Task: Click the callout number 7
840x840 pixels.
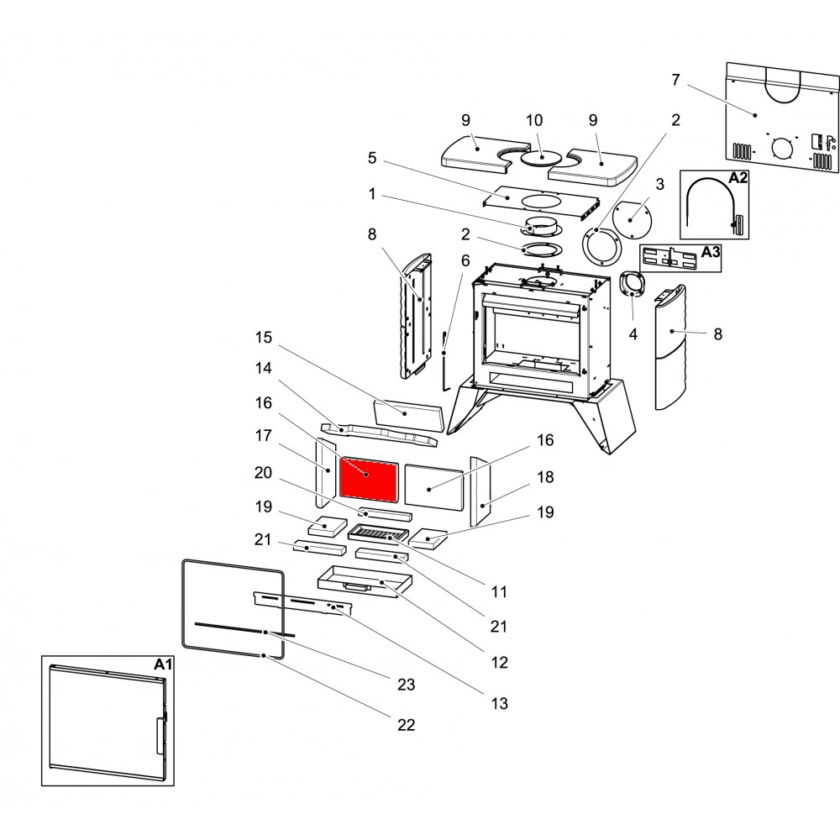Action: tap(675, 80)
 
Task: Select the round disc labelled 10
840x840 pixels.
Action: tap(541, 157)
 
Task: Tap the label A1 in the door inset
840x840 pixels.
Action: tap(163, 664)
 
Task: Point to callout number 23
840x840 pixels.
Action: tap(406, 685)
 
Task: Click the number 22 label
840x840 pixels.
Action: tap(406, 725)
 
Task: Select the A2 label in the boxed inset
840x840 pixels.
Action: tap(738, 178)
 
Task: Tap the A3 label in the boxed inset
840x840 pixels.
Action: tap(710, 250)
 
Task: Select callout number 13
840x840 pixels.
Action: tap(499, 703)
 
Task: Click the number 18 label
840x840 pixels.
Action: tap(545, 477)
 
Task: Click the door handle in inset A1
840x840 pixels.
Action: tap(159, 735)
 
